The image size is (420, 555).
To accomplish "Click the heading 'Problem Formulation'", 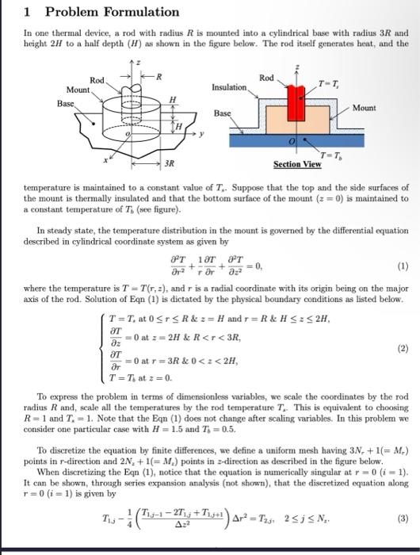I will (112, 12).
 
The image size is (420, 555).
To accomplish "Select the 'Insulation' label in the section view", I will (230, 88).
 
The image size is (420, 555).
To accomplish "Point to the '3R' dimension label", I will (169, 163).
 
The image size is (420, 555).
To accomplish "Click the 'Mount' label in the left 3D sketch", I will (77, 90).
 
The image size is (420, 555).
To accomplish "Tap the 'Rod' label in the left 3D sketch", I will (97, 80).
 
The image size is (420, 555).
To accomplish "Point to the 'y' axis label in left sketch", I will (202, 133).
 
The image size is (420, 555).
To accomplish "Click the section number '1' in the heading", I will (28, 12).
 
